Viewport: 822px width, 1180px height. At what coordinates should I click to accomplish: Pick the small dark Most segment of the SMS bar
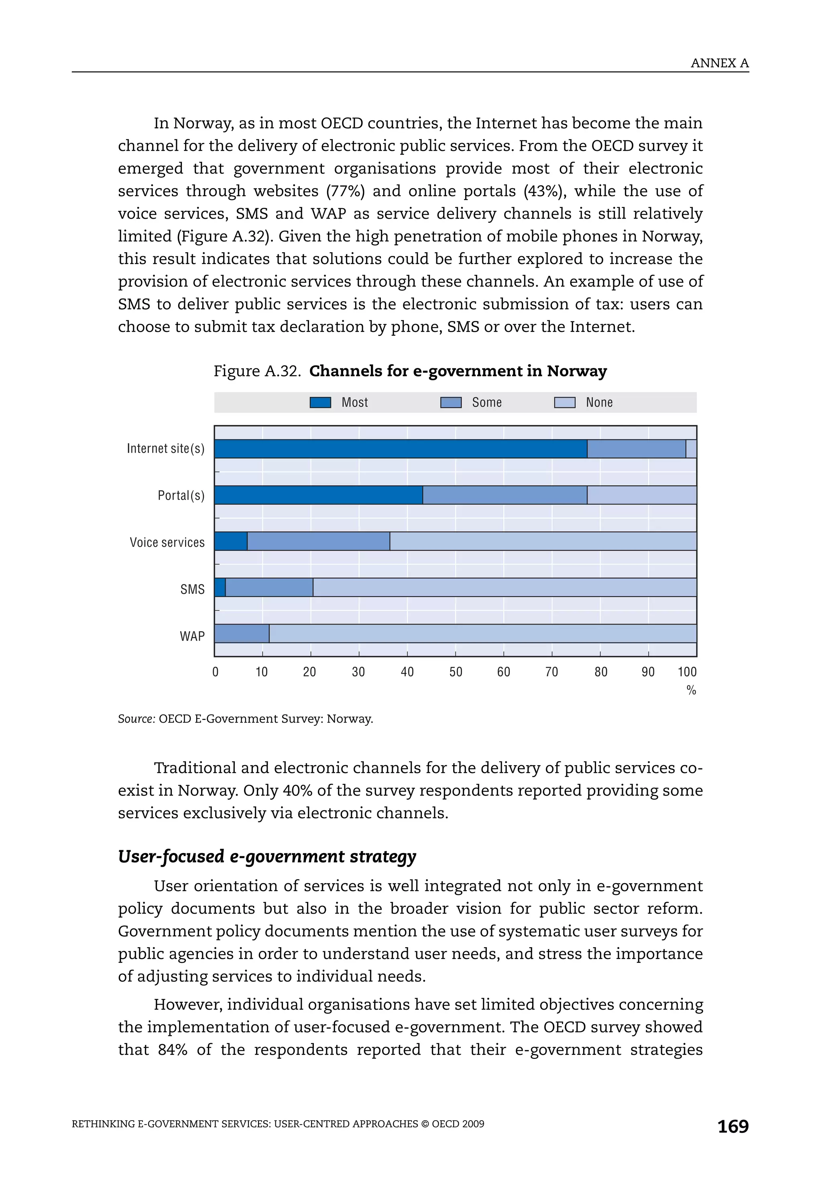pos(220,587)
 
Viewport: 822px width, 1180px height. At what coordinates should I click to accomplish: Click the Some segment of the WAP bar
pos(242,634)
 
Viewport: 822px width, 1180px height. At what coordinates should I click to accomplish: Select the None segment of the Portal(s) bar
pos(641,495)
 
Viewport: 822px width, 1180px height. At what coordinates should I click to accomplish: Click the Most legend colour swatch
pos(320,402)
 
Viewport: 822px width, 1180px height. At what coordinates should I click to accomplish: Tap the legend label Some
pos(486,402)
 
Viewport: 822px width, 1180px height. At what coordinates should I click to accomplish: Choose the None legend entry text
pos(599,402)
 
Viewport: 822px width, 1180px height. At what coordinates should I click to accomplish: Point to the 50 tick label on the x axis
pos(456,672)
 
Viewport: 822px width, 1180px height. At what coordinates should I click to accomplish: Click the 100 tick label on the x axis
pos(687,672)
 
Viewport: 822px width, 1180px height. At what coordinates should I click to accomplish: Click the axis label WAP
pos(192,636)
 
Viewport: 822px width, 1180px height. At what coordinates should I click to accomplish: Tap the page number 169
pos(732,1126)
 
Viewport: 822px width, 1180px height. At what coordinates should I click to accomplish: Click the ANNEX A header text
pos(719,63)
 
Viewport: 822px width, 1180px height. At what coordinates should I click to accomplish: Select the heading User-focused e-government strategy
pos(267,856)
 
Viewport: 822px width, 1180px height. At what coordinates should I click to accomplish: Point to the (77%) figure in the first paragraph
pos(346,191)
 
